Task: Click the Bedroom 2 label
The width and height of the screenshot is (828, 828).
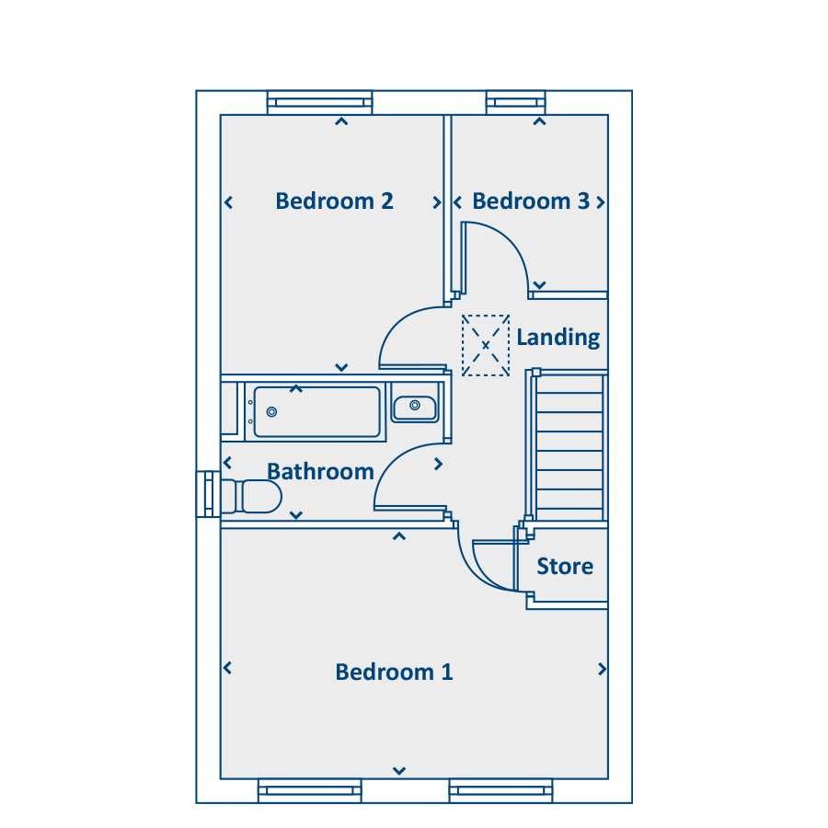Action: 334,201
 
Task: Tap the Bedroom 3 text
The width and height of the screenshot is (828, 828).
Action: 531,201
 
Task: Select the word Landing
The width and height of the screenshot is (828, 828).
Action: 558,338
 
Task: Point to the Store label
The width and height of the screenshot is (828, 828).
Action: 565,566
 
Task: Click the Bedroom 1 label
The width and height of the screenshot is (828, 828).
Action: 394,673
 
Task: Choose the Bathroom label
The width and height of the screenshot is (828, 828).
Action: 320,472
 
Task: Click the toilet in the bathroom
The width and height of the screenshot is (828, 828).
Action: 251,497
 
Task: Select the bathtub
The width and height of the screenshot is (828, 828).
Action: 316,412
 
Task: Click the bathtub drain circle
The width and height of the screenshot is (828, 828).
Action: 271,412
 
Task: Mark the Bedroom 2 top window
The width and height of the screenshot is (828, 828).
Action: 319,102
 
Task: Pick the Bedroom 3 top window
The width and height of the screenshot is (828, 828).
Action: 515,102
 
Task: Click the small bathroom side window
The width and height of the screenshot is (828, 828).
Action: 208,494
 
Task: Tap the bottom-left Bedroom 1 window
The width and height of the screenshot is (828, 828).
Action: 309,790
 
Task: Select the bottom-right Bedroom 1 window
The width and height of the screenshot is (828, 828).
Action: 500,790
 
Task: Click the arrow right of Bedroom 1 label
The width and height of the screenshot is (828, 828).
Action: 602,669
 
